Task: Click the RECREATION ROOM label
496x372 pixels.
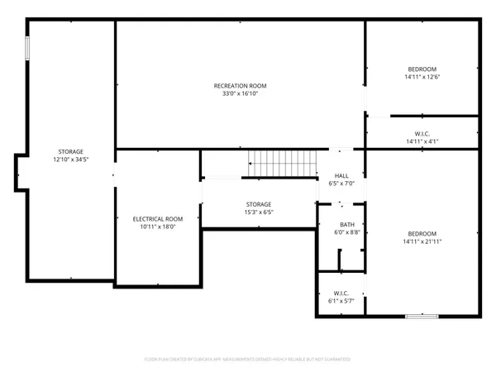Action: (x=240, y=86)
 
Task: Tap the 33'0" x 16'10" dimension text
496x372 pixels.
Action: (x=240, y=94)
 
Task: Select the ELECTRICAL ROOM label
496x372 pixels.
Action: (x=158, y=219)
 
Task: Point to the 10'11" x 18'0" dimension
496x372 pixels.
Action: (x=158, y=227)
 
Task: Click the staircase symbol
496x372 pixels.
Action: (x=284, y=165)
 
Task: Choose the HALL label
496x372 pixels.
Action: (x=341, y=176)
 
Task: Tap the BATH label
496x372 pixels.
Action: (x=347, y=225)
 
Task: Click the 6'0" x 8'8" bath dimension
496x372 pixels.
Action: (x=347, y=233)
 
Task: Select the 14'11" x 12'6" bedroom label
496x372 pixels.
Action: (x=422, y=77)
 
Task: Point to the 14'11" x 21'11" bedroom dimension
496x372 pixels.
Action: (x=422, y=241)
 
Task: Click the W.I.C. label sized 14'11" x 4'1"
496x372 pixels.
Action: (x=422, y=134)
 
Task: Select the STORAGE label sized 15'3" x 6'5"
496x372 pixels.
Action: (x=258, y=204)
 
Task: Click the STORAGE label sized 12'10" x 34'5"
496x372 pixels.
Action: (x=70, y=151)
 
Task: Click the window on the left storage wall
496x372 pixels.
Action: (x=27, y=48)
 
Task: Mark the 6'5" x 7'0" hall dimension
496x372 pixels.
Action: (x=341, y=184)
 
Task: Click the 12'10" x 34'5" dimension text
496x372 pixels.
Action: (x=70, y=160)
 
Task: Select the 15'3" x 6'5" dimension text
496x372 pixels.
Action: (x=258, y=212)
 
